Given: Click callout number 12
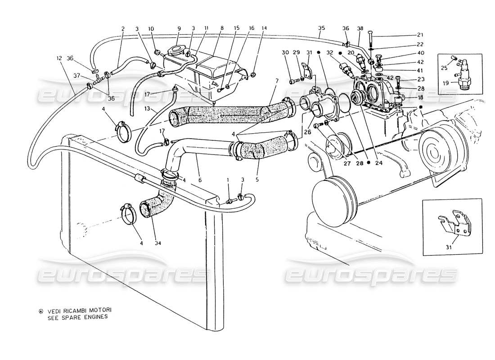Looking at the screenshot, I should click(59, 58).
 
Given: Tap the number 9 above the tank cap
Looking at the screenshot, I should click(179, 28).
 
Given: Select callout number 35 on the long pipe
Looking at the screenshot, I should click(321, 28).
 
